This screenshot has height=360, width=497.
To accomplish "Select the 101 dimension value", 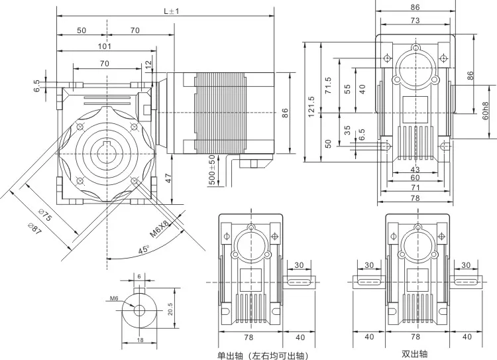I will [104, 46].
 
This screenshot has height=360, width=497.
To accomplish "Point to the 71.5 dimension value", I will [328, 85].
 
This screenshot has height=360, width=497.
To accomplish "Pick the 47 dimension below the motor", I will [169, 178].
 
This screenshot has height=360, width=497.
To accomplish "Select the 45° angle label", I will [144, 250].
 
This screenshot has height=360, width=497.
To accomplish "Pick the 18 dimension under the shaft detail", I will [139, 339].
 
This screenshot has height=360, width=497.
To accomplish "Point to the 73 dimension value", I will [415, 21].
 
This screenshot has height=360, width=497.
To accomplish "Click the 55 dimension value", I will [348, 90].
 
